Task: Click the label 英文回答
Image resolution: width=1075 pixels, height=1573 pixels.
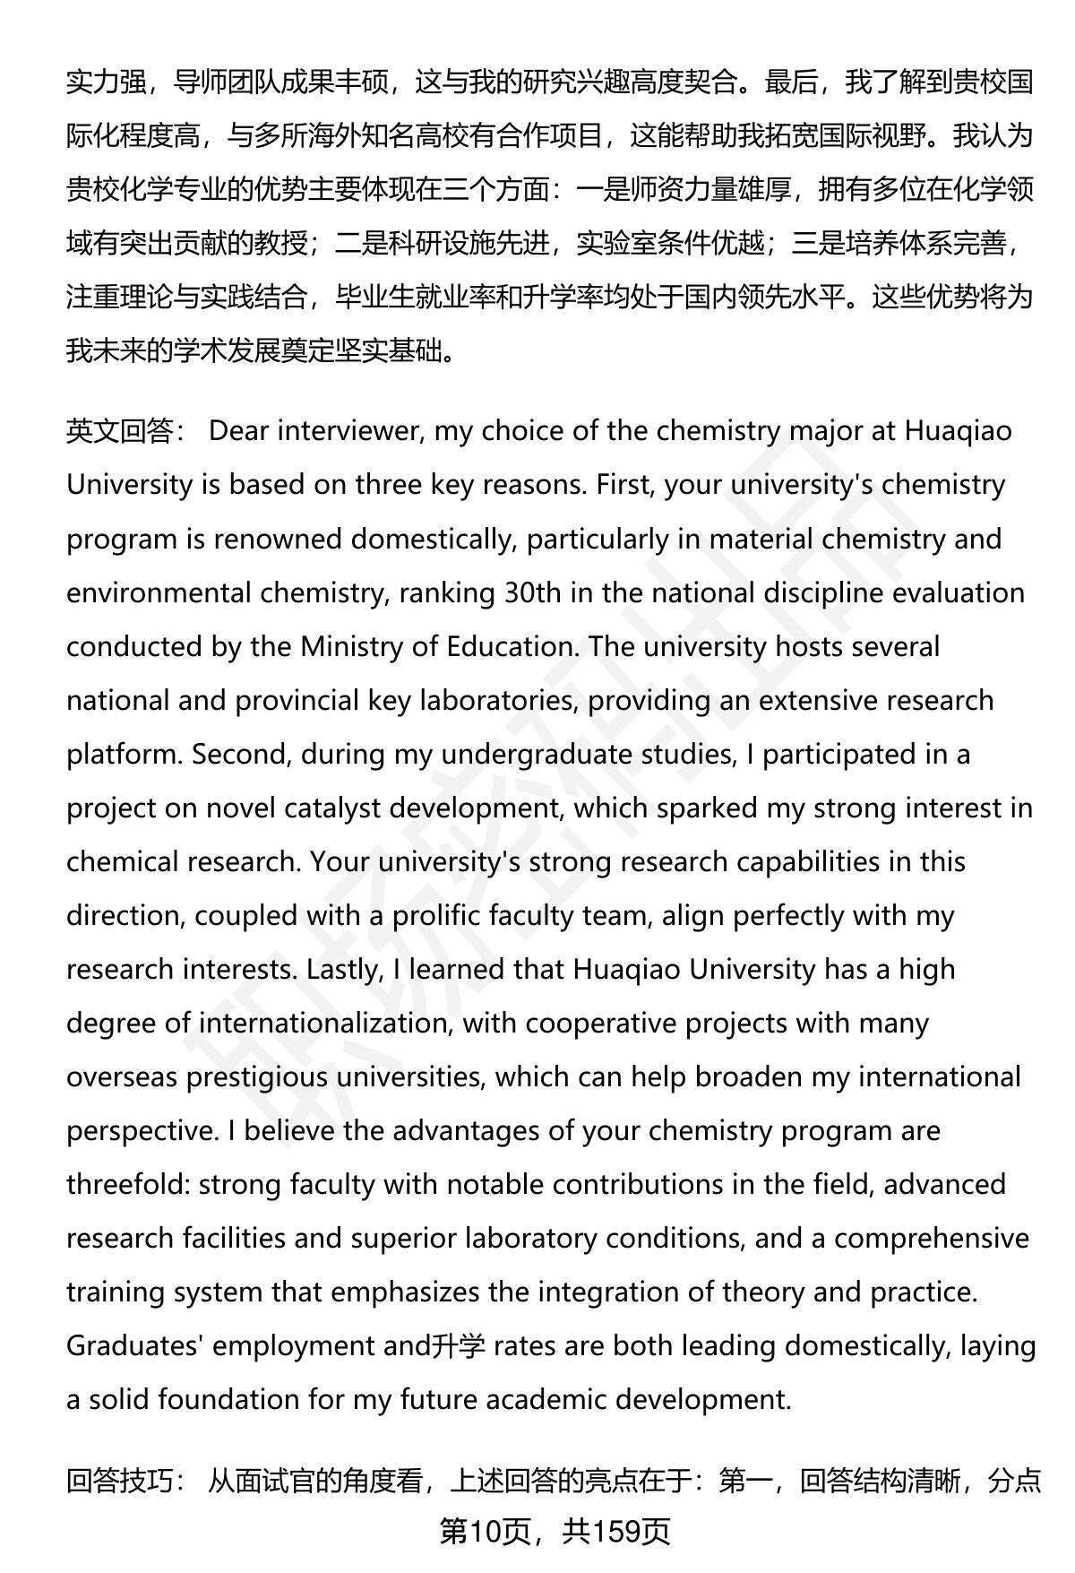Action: click(x=120, y=431)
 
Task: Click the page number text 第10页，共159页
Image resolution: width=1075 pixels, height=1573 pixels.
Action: click(x=555, y=1532)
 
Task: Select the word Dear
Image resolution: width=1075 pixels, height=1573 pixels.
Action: click(x=238, y=431)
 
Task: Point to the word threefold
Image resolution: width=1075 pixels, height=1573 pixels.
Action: click(x=126, y=1184)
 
